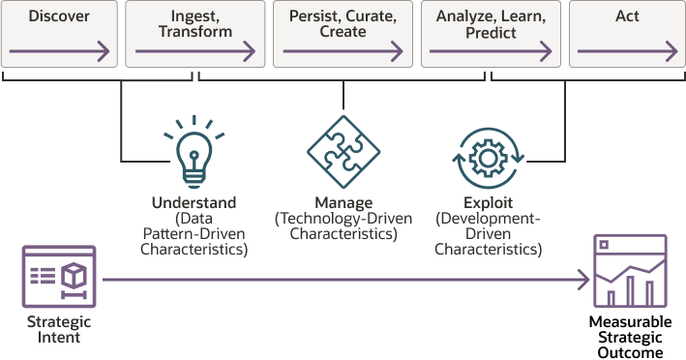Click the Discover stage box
[x=60, y=34]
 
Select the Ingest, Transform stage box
[x=195, y=34]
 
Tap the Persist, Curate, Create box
[x=343, y=34]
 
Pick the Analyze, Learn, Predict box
[x=491, y=34]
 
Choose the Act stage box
[x=627, y=34]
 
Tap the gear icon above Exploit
[x=489, y=155]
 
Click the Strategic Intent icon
[x=59, y=277]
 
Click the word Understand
[x=194, y=203]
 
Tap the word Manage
[x=343, y=203]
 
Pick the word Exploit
[x=488, y=203]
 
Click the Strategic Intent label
[x=59, y=329]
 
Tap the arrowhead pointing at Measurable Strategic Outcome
[x=584, y=281]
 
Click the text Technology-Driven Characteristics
[x=343, y=225]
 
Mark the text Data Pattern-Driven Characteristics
[x=194, y=233]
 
